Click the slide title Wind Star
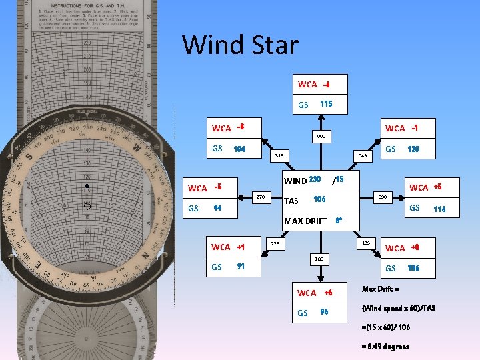[241, 45]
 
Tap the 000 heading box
[321, 137]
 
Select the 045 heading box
[363, 155]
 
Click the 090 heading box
[383, 197]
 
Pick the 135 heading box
[366, 243]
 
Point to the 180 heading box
[320, 258]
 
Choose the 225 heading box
[275, 243]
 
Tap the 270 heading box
[261, 197]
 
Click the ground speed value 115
[326, 105]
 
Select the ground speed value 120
[413, 149]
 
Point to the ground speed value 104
[239, 149]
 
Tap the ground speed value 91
[241, 267]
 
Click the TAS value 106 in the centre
[319, 200]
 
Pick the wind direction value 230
[315, 179]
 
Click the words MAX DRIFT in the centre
[306, 221]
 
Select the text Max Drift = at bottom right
[380, 289]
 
